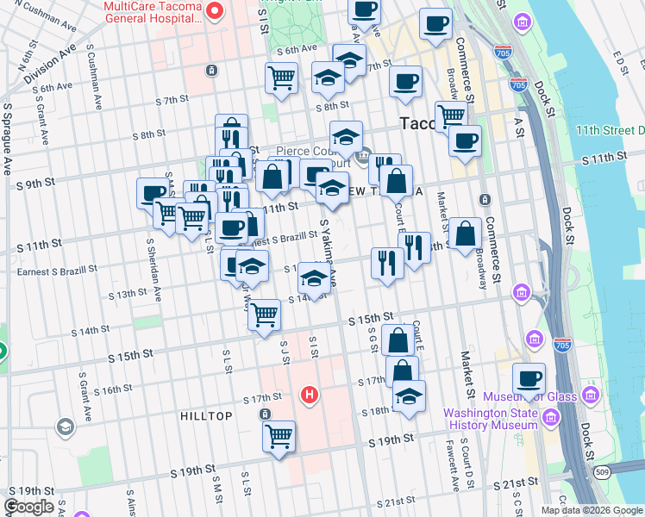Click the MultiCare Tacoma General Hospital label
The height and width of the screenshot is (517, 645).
pos(153,15)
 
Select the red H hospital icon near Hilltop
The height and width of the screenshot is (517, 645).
pos(310,396)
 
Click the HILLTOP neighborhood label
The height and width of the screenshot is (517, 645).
pos(206,416)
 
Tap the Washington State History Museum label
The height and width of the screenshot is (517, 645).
pos(490,419)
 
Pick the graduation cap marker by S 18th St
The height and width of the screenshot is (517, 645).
pos(410,396)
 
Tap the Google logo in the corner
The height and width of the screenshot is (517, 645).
pos(28,507)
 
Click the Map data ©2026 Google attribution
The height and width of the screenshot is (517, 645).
pos(591,510)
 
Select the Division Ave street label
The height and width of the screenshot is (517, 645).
pos(47,68)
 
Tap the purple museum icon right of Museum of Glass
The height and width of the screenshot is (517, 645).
pos(591,396)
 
